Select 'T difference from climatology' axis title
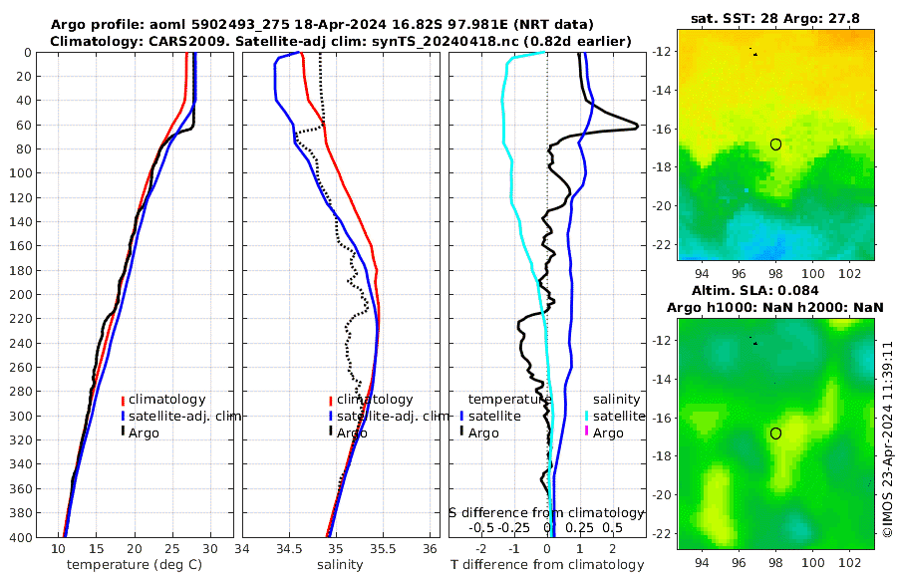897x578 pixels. [547, 565]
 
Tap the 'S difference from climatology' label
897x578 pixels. [546, 511]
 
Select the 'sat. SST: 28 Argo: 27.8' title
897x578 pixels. [774, 18]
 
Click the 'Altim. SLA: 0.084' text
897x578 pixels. [774, 291]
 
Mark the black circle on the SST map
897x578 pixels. [775, 144]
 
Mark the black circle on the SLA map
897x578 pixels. [775, 433]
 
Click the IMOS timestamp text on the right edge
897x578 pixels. [887, 439]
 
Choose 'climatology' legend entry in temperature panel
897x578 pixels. [166, 399]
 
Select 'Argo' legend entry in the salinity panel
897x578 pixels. [352, 433]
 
